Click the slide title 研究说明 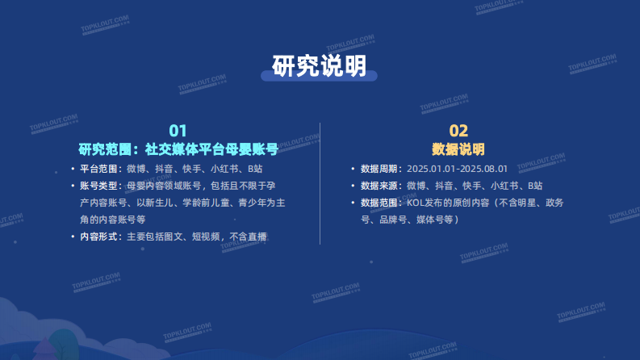pyautogui.click(x=320, y=65)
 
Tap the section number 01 pyautogui.click(x=178, y=131)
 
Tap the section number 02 pyautogui.click(x=458, y=131)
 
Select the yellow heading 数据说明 pyautogui.click(x=458, y=149)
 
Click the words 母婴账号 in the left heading pyautogui.click(x=251, y=149)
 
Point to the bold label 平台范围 pyautogui.click(x=98, y=170)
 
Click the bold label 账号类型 pyautogui.click(x=98, y=186)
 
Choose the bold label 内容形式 pyautogui.click(x=98, y=237)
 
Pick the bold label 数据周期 pyautogui.click(x=379, y=170)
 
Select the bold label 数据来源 pyautogui.click(x=379, y=186)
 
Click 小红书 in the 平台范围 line pyautogui.click(x=223, y=170)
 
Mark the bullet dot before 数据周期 pyautogui.click(x=352, y=170)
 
